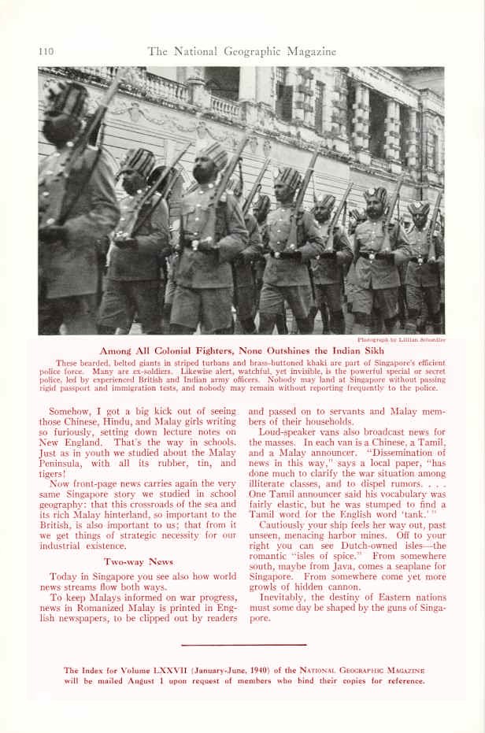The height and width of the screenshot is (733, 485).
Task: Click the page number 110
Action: [x=45, y=52]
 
